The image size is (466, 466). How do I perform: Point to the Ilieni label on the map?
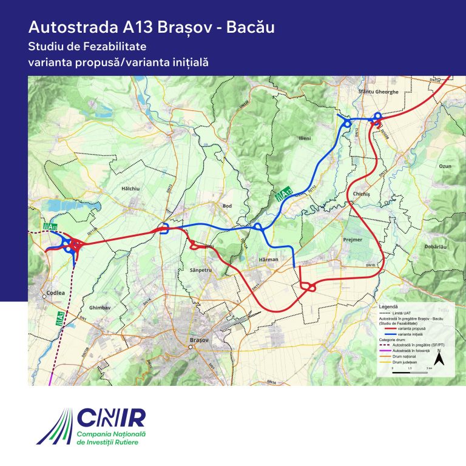(304, 138)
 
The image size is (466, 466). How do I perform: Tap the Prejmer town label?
(353, 240)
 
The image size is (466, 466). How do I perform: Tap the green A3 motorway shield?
(60, 318)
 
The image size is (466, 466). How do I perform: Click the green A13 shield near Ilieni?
(283, 195)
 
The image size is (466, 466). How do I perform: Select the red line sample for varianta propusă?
(388, 328)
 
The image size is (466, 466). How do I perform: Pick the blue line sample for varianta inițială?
(388, 333)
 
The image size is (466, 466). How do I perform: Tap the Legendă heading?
(388, 308)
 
